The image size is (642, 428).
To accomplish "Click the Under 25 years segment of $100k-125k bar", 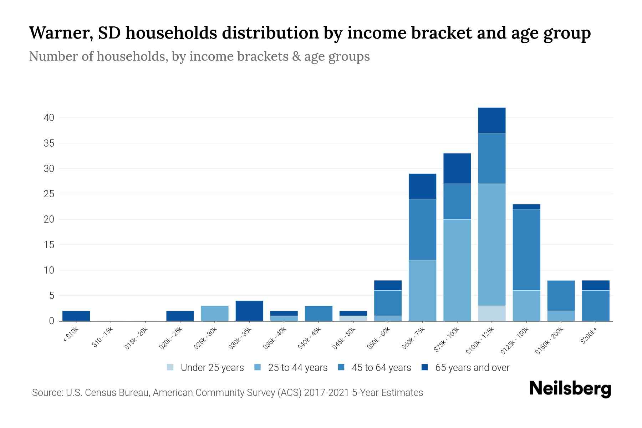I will click(491, 313).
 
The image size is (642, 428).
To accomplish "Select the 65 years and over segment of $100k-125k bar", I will click(491, 120).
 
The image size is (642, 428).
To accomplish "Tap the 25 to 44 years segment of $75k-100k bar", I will click(457, 270).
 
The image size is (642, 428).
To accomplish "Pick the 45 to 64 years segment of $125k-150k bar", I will click(526, 250).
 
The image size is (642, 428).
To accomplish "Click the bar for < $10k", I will click(76, 316).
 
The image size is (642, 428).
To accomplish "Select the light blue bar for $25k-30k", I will click(215, 313).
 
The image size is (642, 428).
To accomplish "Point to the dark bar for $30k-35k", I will click(249, 311).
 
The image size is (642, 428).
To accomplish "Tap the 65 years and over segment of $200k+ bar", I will click(595, 285).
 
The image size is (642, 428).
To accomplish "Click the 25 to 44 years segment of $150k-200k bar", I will click(561, 316).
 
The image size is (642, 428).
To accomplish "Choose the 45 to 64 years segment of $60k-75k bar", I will click(422, 229).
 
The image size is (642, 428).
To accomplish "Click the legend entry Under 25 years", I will click(212, 368).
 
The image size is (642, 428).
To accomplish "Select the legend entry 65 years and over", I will click(472, 368).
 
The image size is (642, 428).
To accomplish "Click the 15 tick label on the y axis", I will click(49, 245).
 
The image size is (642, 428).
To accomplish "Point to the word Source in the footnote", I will click(47, 393).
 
